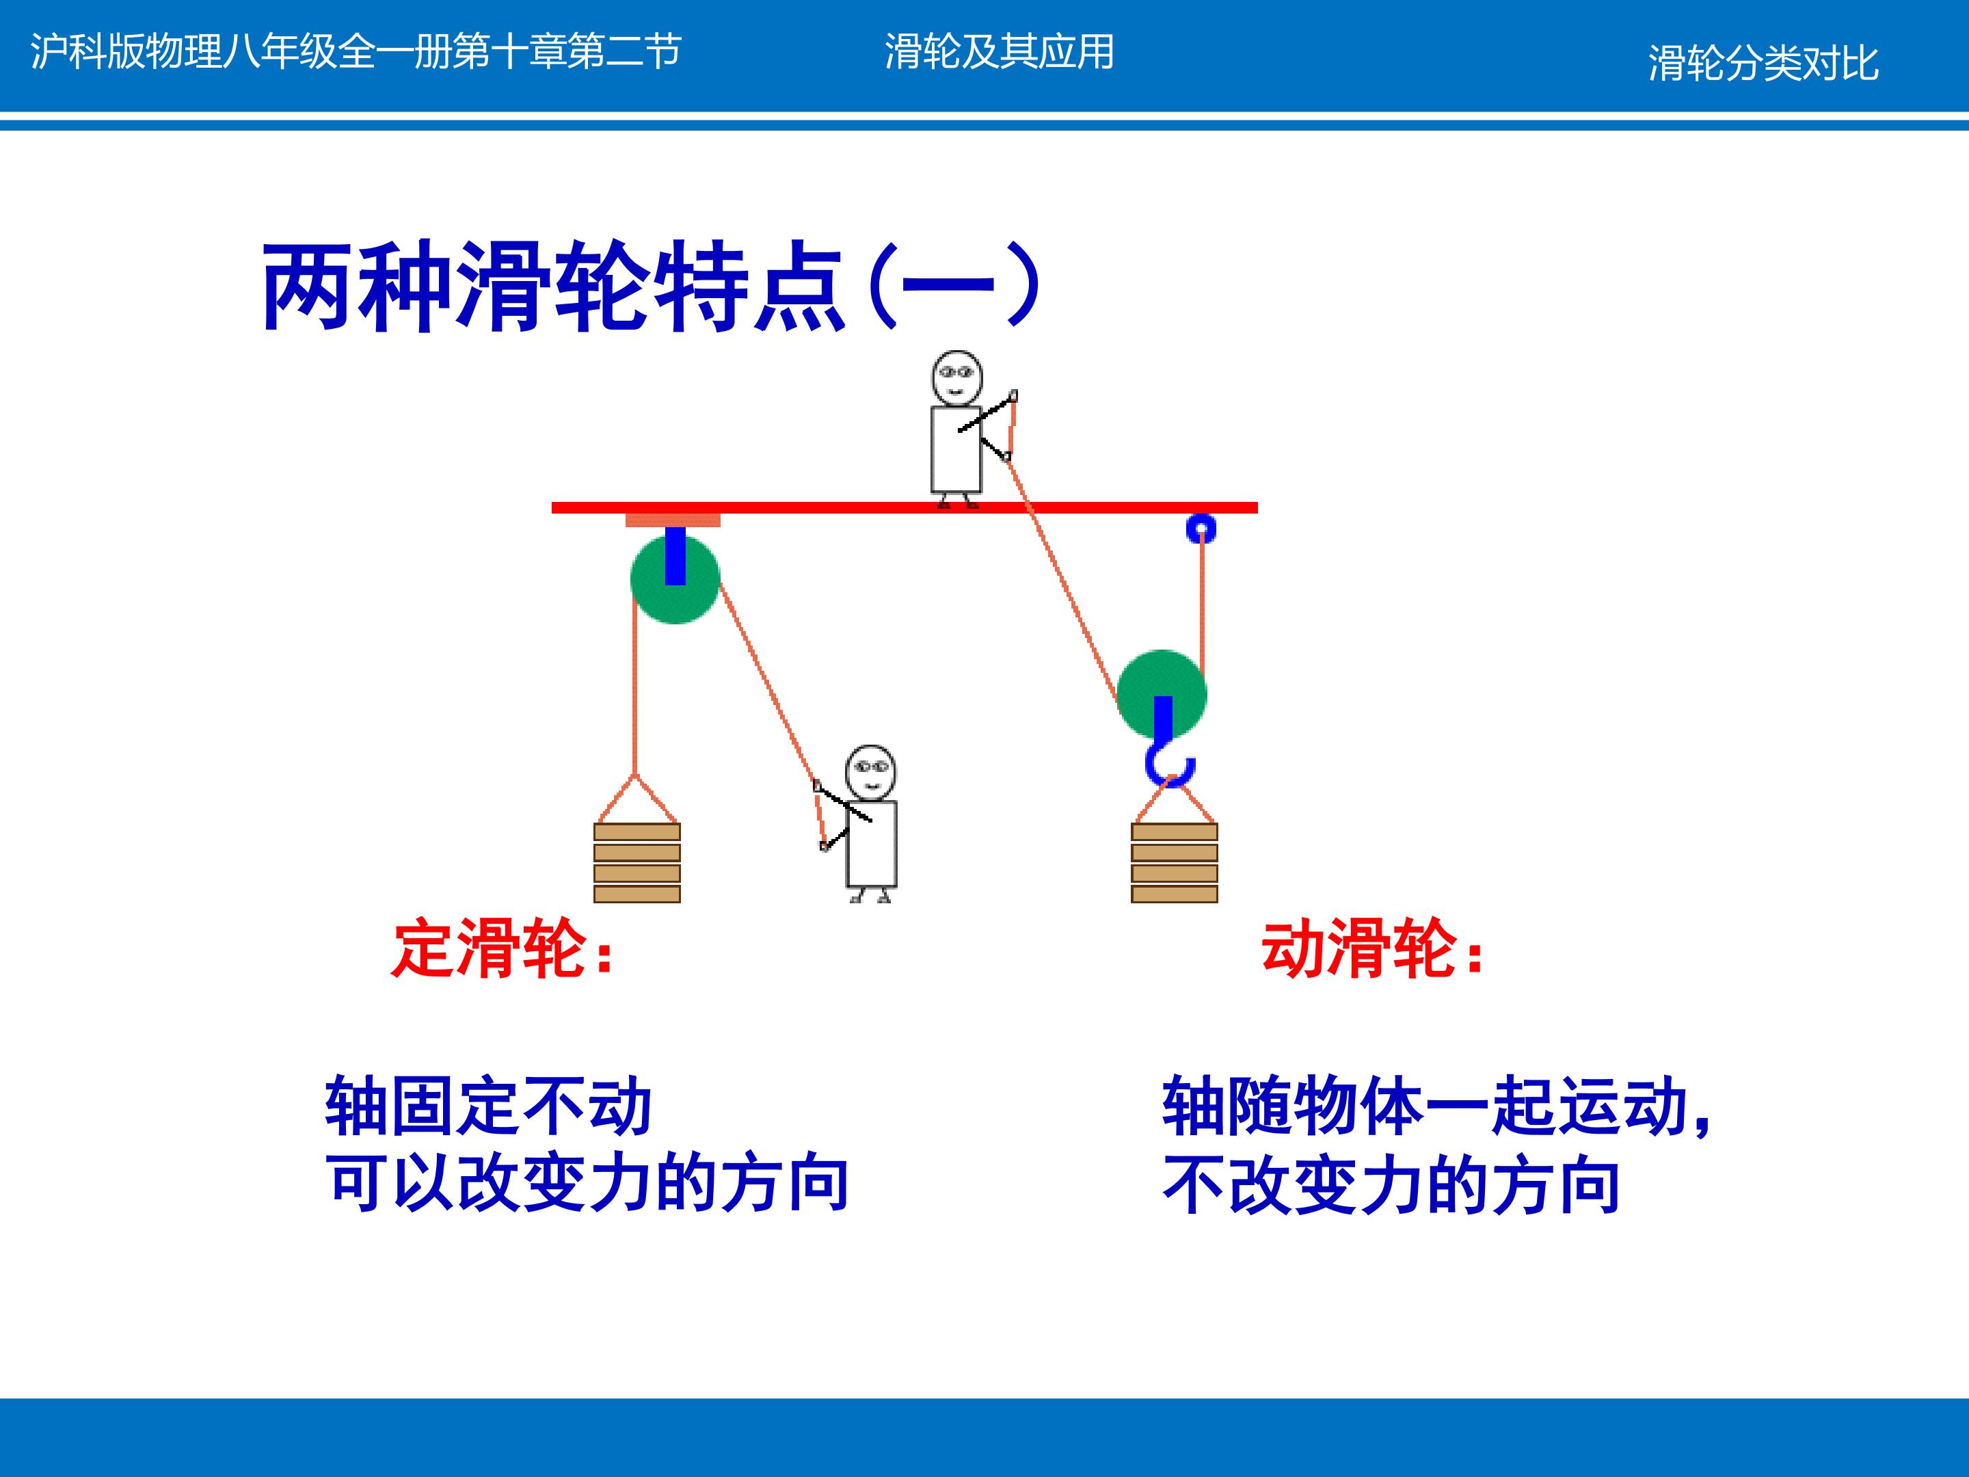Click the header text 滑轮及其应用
[x=999, y=52]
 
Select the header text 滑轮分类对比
[x=1763, y=62]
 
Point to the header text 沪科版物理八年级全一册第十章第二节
[x=356, y=52]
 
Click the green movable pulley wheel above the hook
[x=1162, y=695]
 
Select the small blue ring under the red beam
[x=1201, y=529]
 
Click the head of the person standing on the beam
[x=957, y=378]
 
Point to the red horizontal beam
[x=905, y=507]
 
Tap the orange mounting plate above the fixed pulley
[x=673, y=520]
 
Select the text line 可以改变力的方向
[x=587, y=1185]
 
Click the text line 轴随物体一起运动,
[x=1436, y=1106]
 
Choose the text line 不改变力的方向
[x=1391, y=1185]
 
